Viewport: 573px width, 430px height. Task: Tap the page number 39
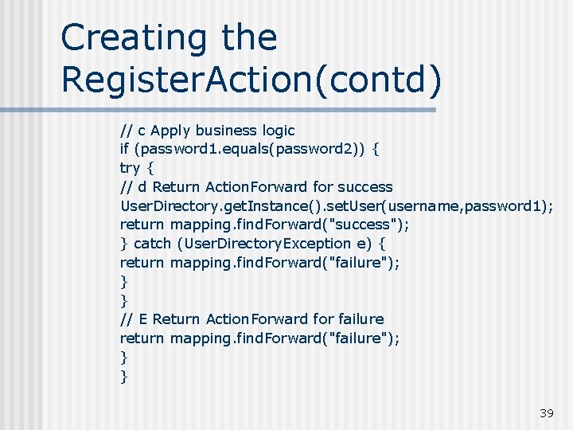coord(546,412)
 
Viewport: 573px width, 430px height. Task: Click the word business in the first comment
coord(225,130)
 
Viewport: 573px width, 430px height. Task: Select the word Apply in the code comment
coord(170,130)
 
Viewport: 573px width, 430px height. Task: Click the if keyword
coord(125,149)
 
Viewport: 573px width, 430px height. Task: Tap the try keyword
coord(130,168)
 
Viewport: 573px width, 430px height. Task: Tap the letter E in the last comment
coord(143,319)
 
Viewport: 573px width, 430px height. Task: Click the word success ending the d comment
coord(364,187)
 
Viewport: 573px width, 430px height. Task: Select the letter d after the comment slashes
coord(142,187)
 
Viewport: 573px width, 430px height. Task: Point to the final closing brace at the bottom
coord(123,376)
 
